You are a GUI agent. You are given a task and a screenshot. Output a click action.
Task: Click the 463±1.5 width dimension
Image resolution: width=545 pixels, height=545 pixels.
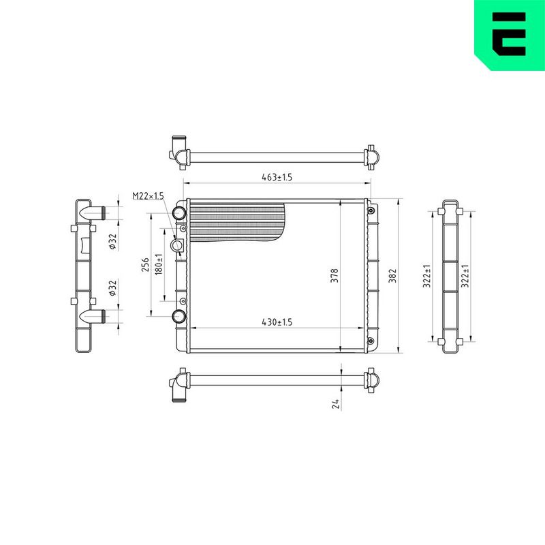(x=277, y=177)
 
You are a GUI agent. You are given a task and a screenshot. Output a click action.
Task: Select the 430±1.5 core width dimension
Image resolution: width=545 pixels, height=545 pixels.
(x=277, y=322)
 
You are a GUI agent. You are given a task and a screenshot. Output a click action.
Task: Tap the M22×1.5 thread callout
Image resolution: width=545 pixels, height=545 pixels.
(x=148, y=196)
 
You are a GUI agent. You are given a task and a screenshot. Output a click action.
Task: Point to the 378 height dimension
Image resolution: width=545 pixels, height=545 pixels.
(x=334, y=275)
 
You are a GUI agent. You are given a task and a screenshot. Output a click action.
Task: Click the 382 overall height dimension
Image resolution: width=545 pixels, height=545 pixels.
(x=392, y=275)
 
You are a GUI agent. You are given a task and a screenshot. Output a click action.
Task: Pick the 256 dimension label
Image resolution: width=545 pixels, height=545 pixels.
(x=145, y=265)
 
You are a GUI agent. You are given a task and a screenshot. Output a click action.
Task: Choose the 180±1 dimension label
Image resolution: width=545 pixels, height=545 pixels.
(x=159, y=264)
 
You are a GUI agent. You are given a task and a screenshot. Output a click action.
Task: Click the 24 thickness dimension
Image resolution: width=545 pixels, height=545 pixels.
(x=335, y=404)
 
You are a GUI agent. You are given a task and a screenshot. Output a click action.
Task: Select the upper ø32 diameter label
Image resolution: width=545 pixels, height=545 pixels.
(x=112, y=242)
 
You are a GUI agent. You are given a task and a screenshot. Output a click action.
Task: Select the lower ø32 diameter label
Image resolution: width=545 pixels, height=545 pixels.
(x=112, y=288)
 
